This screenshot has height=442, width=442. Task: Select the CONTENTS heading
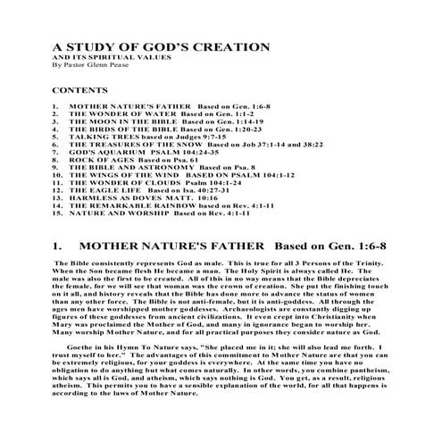(x=79, y=91)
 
